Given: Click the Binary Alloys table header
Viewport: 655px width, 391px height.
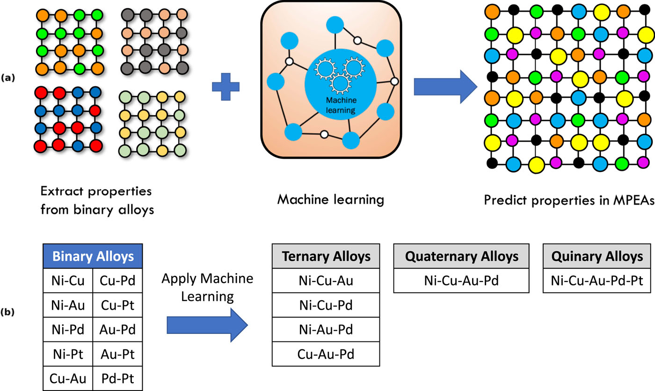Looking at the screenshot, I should coord(93,256).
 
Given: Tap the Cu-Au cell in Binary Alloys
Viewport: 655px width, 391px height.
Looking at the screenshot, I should coord(68,377).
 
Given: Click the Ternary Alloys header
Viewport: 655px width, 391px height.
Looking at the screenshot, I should coord(326,256).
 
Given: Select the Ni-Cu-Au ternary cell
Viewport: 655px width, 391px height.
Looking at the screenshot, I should coord(326,281).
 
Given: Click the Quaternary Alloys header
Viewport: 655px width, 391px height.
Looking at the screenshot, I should coord(461,256).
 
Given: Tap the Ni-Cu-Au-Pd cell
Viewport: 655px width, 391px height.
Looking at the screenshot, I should coord(461,281).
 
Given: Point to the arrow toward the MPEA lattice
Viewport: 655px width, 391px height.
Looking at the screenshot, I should coord(444,87).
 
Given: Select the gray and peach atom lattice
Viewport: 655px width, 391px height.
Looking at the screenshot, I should coord(151,41).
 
